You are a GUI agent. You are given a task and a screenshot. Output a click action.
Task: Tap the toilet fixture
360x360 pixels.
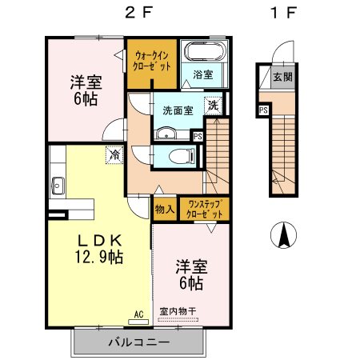pos(182,156)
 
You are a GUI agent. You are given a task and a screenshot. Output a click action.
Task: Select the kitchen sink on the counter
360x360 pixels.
pos(58,186)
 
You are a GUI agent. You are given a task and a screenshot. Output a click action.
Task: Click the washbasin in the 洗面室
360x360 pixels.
pos(166,134)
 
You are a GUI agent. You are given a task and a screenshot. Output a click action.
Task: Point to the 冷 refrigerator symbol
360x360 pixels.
pos(114,154)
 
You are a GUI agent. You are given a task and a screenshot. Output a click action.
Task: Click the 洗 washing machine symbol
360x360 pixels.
pos(214,106)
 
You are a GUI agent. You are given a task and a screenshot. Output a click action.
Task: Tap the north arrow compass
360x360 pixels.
pos(283,235)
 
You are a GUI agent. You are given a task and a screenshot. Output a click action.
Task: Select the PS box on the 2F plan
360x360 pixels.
pos(198,137)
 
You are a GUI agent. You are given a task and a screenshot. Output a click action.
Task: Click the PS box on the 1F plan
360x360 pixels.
pos(263,110)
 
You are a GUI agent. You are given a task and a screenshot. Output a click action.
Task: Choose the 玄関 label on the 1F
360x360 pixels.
pos(282,77)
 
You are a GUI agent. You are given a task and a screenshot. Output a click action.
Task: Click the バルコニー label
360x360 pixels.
pos(138,342)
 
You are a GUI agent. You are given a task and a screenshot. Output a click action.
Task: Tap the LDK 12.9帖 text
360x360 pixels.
pos(99,249)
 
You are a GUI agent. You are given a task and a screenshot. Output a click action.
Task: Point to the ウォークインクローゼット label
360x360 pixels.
pos(151,62)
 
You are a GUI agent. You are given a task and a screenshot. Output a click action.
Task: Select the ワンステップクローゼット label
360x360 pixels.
pos(204,209)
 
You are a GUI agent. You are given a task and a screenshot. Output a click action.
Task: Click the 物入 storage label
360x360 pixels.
pos(165,209)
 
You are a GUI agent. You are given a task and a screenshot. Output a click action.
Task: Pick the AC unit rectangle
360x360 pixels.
pos(138,322)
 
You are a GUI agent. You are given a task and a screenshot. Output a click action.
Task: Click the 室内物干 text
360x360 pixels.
pos(178,311)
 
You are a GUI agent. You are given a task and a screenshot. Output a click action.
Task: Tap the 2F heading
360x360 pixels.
pos(138,13)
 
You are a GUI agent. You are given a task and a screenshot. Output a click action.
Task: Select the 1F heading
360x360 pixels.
pos(283,13)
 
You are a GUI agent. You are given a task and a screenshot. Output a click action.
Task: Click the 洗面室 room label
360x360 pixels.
pos(178,110)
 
